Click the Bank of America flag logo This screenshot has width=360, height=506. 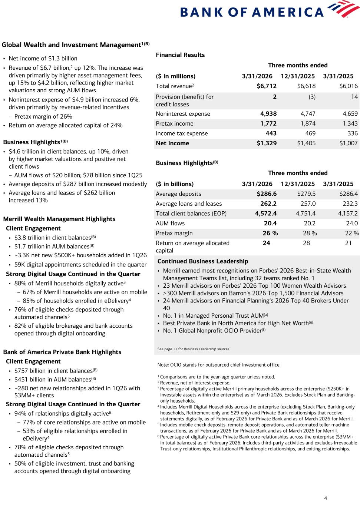[343, 9]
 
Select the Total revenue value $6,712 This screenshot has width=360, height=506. [267, 86]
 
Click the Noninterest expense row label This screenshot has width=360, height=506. [183, 114]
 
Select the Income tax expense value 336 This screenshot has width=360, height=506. [353, 133]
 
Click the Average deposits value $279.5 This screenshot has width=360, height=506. [306, 194]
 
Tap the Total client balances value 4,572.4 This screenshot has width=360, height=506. [266, 214]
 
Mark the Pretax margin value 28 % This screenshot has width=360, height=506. [310, 233]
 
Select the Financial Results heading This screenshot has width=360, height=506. [180, 55]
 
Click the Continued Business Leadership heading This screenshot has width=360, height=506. [203, 261]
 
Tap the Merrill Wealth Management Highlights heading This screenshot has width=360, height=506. [59, 219]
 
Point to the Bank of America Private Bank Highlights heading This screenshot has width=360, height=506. [62, 352]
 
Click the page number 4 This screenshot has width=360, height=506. [326, 498]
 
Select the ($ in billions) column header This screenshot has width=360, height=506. [175, 184]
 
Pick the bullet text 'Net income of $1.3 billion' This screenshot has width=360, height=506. [43, 59]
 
